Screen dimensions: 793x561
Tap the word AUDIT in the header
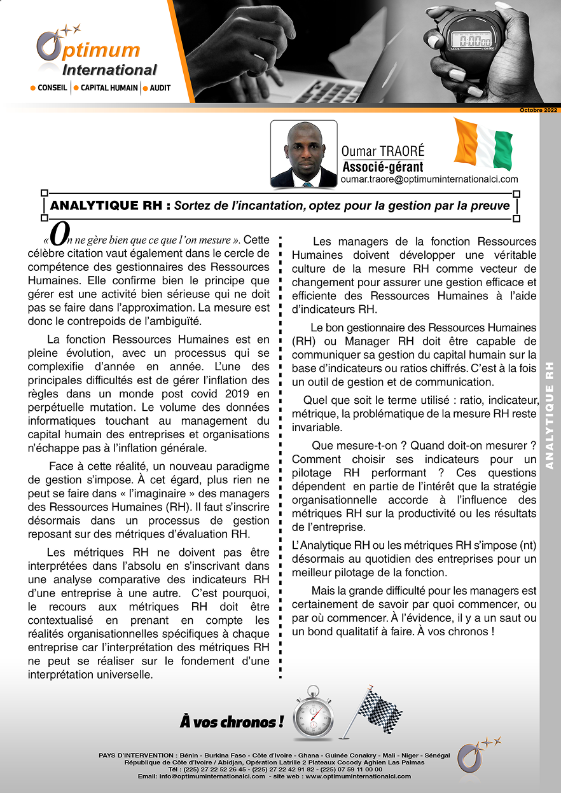click(160, 88)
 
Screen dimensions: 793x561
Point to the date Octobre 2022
click(537, 111)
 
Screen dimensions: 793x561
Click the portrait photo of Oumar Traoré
click(303, 154)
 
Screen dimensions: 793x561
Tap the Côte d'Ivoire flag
click(483, 144)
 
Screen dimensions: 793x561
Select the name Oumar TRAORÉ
click(382, 151)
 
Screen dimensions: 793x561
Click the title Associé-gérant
click(382, 167)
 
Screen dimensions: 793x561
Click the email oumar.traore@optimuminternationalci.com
click(429, 180)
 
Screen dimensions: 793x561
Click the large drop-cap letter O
click(58, 236)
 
